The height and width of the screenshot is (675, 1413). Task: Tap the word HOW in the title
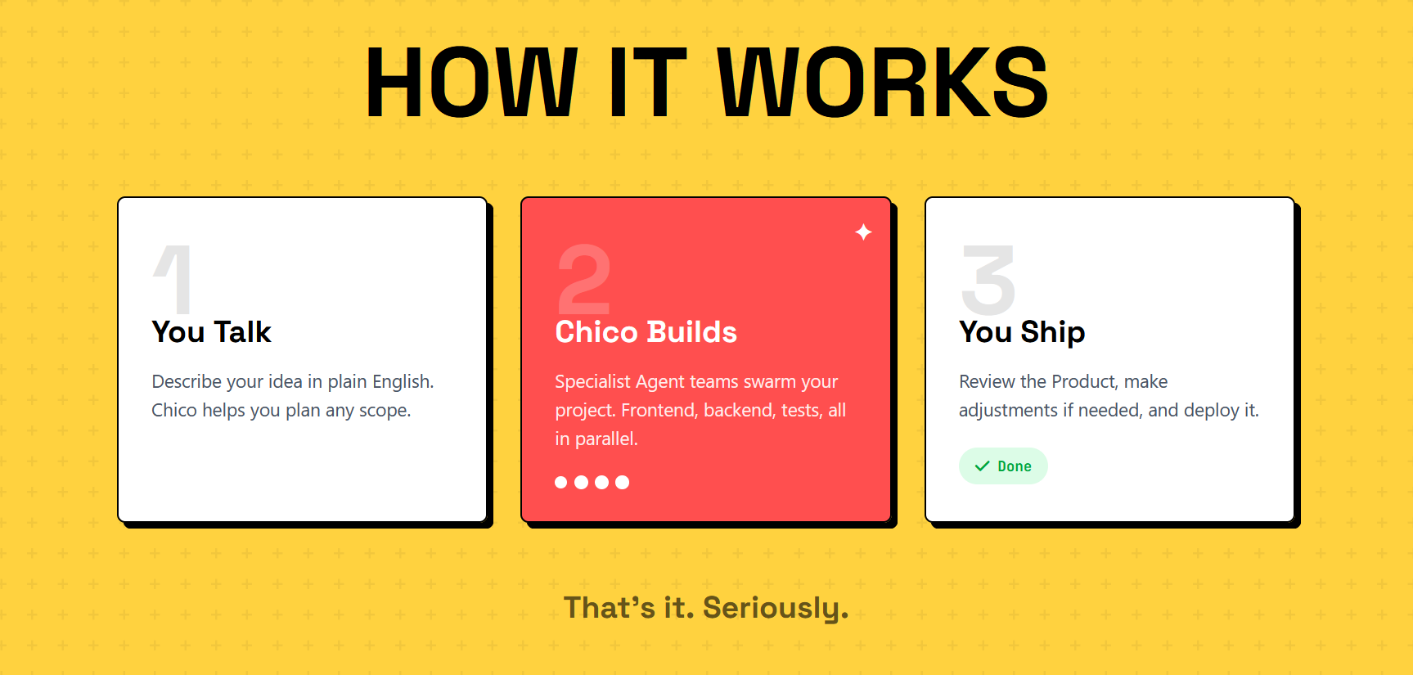[471, 82]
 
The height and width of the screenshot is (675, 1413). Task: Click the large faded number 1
[174, 279]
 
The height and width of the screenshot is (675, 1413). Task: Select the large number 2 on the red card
[584, 279]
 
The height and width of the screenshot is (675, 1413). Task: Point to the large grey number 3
[988, 279]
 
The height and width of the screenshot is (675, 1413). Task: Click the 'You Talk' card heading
[211, 332]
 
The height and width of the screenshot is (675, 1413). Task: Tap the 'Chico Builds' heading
[646, 332]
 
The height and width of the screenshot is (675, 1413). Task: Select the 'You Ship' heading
[1022, 332]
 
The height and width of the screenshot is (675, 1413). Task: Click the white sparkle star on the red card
[863, 232]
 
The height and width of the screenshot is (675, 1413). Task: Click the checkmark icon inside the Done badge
[982, 466]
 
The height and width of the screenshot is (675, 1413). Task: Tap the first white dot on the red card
[560, 482]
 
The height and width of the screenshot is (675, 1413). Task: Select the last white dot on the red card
[622, 482]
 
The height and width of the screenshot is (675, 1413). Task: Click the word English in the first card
[403, 382]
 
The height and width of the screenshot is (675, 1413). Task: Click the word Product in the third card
[1084, 382]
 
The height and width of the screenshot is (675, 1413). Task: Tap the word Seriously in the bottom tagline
[775, 608]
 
